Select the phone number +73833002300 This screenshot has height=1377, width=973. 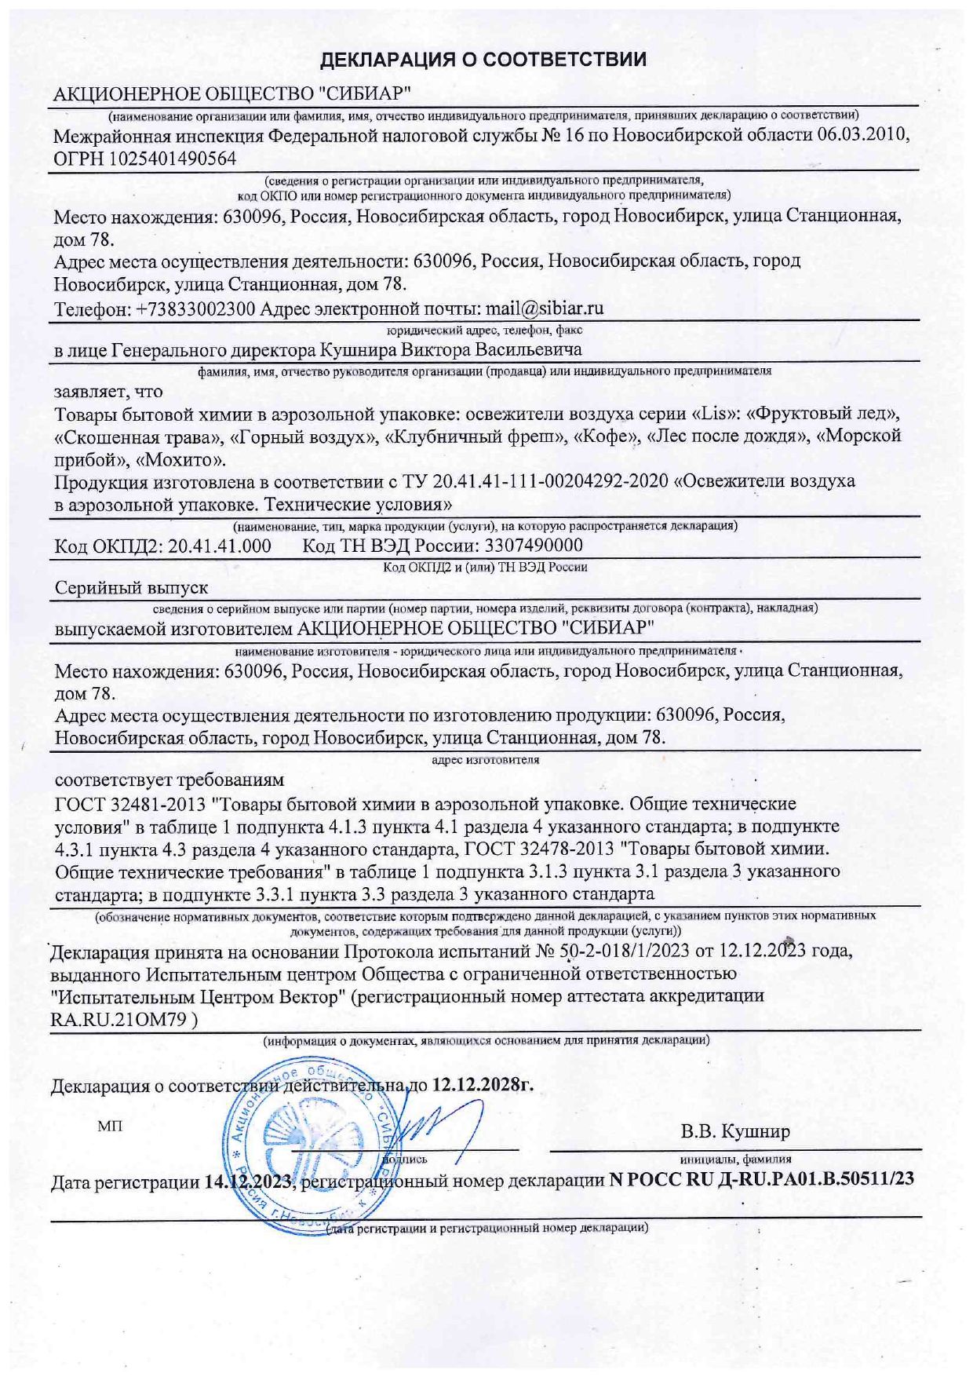click(196, 309)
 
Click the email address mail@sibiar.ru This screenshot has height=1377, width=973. click(545, 308)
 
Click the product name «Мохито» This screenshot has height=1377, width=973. click(181, 458)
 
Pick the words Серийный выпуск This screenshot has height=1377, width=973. click(131, 587)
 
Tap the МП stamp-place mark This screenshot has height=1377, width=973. click(110, 1127)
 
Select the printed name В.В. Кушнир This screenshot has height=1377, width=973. click(735, 1131)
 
